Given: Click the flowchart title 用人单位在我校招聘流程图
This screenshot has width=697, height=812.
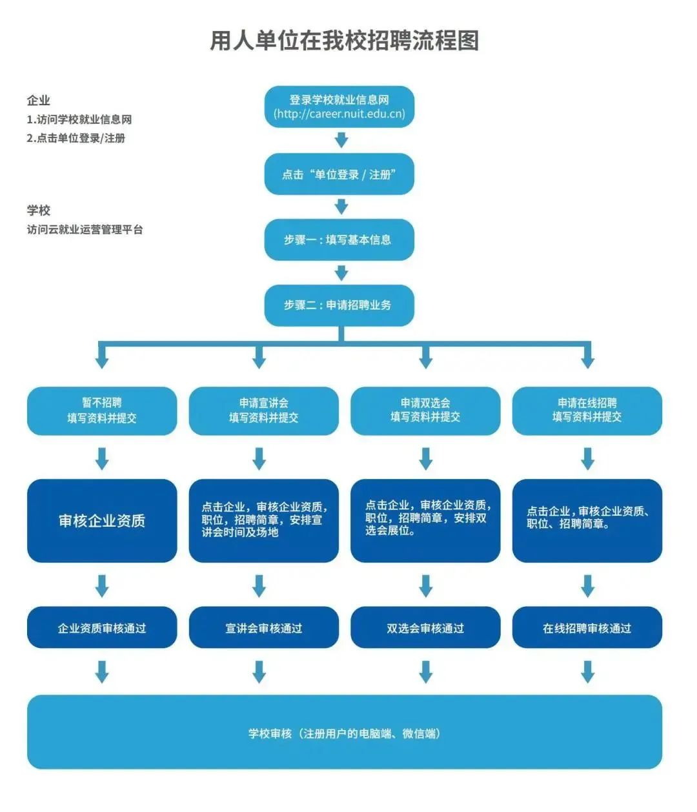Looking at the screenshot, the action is click(x=344, y=41).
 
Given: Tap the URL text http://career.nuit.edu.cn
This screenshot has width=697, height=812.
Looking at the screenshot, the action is click(x=339, y=114).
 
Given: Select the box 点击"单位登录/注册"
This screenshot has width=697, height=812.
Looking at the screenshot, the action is click(x=339, y=174).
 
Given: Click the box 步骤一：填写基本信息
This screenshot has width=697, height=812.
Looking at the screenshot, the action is click(x=339, y=239).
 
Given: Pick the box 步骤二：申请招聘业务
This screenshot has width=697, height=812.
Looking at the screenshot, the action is click(x=339, y=305).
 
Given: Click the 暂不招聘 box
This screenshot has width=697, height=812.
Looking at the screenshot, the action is click(x=102, y=411).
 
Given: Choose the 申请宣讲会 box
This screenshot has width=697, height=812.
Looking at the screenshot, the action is click(x=264, y=411).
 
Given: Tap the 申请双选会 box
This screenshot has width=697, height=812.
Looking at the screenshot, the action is click(x=425, y=411).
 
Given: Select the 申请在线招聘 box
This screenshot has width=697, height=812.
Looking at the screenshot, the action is click(x=587, y=411).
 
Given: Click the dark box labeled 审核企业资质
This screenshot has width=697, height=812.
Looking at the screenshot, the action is click(x=102, y=520).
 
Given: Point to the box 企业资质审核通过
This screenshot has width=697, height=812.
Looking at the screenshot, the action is click(x=102, y=628).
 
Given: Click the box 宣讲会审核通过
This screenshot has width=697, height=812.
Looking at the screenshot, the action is click(x=264, y=628).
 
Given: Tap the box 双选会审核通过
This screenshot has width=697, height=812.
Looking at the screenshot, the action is click(x=425, y=628).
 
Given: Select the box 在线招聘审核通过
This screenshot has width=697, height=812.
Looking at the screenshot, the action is click(x=587, y=628).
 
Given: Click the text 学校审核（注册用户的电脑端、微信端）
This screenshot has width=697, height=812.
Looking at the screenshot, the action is click(x=344, y=733).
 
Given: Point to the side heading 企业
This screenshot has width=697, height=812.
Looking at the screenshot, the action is click(x=39, y=101).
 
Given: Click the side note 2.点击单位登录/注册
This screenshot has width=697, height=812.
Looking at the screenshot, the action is click(x=76, y=138).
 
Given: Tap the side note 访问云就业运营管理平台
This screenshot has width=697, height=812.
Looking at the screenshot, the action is click(x=85, y=229).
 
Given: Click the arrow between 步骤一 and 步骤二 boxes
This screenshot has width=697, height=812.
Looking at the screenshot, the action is click(x=341, y=273).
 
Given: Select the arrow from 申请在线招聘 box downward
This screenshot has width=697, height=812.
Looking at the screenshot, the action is click(x=587, y=458).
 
